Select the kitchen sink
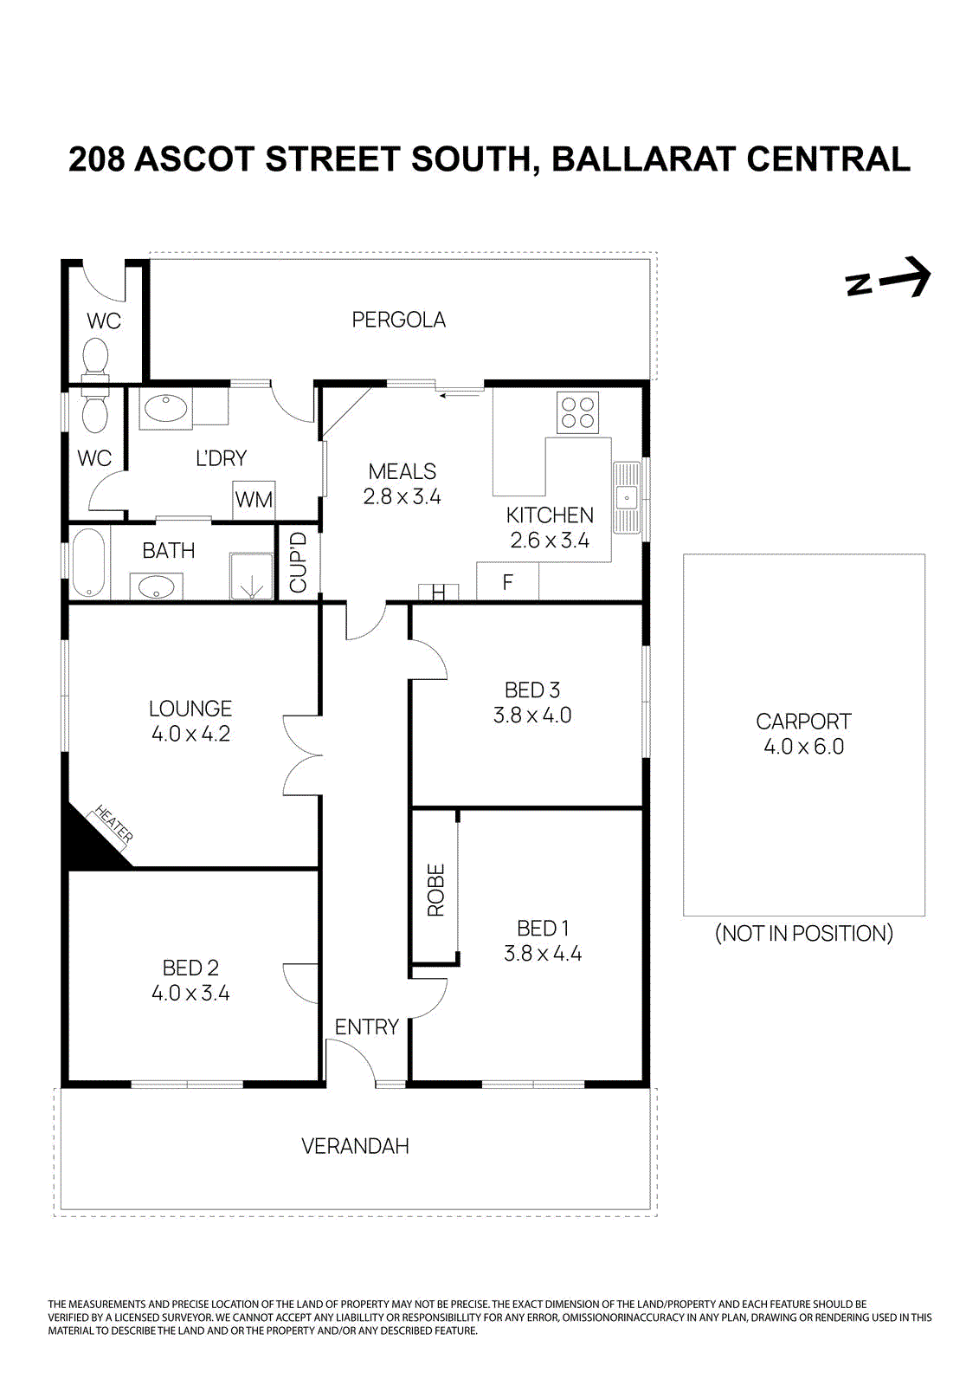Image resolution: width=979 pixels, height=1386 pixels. pyautogui.click(x=627, y=498)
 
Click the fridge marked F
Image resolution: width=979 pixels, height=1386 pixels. pyautogui.click(x=508, y=582)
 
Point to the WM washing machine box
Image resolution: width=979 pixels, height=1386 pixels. pyautogui.click(x=254, y=500)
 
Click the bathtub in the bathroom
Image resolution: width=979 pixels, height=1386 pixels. pyautogui.click(x=88, y=563)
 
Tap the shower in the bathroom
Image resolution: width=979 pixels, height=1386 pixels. pyautogui.click(x=251, y=577)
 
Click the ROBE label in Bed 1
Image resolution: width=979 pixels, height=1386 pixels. pyautogui.click(x=435, y=890)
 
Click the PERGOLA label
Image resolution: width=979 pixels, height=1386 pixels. pyautogui.click(x=398, y=320)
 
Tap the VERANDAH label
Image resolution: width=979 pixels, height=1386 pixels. pyautogui.click(x=355, y=1146)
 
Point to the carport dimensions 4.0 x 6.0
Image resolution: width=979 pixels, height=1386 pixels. pyautogui.click(x=803, y=747)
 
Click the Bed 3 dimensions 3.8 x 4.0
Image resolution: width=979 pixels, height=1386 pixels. pyautogui.click(x=532, y=716)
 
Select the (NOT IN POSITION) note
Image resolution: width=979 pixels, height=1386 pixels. pyautogui.click(x=803, y=933)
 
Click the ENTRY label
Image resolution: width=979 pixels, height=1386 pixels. pyautogui.click(x=366, y=1027)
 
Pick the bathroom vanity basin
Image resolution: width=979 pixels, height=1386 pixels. pyautogui.click(x=156, y=587)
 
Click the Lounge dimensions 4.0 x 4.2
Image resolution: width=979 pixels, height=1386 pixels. pyautogui.click(x=190, y=734)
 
